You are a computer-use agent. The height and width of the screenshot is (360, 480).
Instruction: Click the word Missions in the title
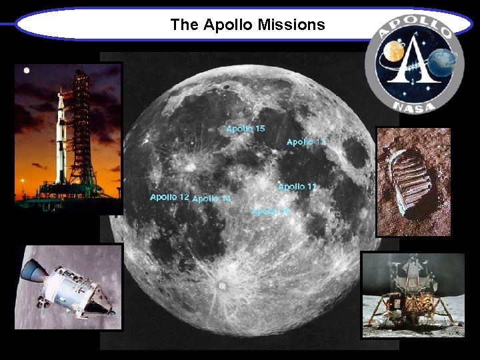point(293,25)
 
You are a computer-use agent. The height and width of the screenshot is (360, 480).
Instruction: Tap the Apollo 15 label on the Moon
point(245,128)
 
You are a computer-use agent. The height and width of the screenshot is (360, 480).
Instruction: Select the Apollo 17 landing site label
point(306,142)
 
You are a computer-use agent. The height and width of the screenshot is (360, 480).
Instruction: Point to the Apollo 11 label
point(297,187)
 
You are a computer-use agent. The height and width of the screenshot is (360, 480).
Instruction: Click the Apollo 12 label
point(169,197)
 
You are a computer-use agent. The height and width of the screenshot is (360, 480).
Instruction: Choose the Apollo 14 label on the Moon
point(211,199)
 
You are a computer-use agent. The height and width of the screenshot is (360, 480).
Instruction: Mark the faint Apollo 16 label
point(271,211)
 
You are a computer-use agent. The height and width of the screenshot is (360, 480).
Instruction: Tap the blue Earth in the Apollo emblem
point(443,64)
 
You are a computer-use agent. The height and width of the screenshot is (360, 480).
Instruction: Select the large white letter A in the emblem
point(416,64)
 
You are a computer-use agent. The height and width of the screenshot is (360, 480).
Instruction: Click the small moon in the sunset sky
point(27,70)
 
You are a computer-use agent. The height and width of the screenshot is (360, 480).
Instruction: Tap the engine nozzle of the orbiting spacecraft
point(31,270)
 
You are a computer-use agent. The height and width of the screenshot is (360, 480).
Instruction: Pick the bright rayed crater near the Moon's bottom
point(221,287)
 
